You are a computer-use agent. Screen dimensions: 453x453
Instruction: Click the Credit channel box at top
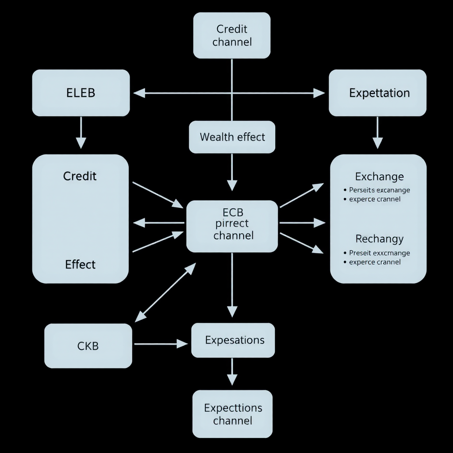(232, 35)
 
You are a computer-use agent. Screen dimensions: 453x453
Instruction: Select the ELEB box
(81, 93)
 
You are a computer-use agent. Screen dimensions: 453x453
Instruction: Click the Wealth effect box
(232, 137)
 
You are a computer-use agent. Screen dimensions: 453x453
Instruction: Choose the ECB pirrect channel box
(232, 226)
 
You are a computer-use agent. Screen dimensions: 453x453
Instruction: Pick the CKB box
(88, 346)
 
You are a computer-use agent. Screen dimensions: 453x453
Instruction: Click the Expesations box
(233, 340)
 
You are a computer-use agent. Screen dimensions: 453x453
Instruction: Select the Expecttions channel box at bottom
(233, 414)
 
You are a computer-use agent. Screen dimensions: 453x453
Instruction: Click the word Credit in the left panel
(80, 176)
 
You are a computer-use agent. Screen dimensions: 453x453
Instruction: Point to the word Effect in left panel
(80, 265)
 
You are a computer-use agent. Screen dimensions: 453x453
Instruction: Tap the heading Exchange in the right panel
(379, 177)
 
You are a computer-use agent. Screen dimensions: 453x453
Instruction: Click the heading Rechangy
(379, 239)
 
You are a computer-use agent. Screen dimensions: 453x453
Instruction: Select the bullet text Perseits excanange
(379, 190)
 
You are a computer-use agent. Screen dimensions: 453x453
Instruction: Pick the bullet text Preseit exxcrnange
(379, 253)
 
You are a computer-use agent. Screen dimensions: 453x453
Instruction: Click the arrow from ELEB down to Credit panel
(81, 133)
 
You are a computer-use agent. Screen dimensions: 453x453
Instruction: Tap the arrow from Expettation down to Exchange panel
(377, 133)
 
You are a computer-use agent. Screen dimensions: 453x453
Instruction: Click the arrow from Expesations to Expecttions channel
(232, 372)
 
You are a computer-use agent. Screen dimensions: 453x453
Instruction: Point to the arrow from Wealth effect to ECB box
(232, 173)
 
